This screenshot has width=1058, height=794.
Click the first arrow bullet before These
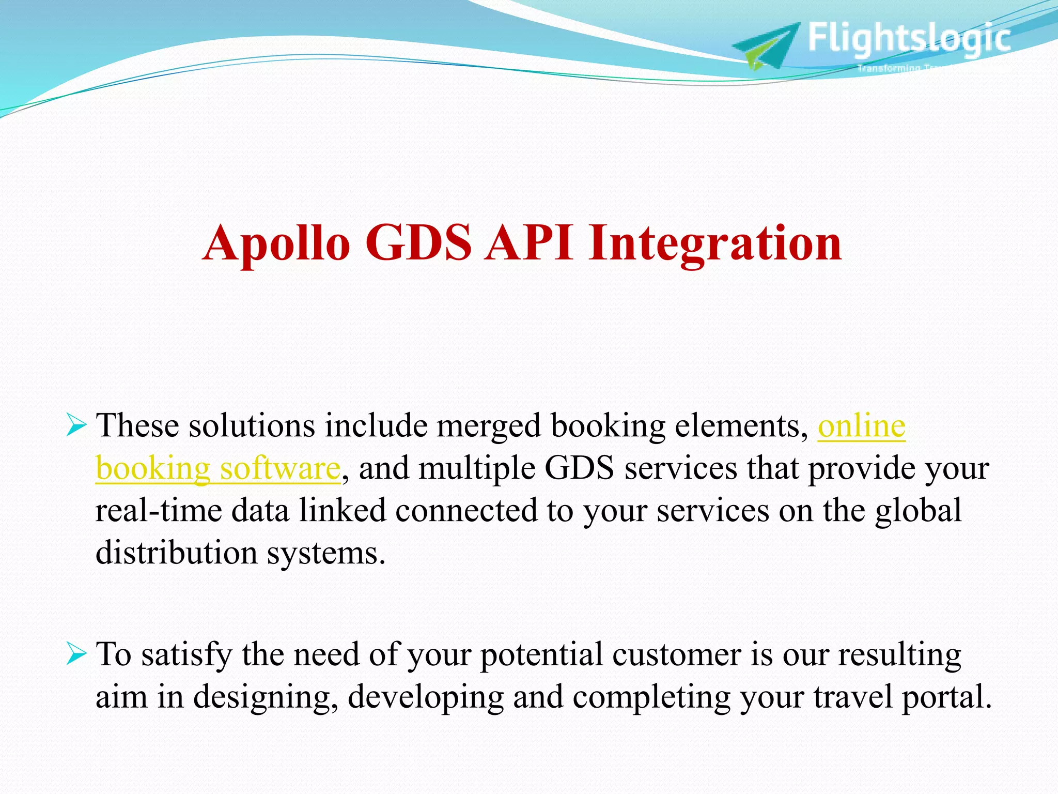pyautogui.click(x=76, y=427)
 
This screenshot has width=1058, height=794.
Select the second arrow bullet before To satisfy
pyautogui.click(x=76, y=655)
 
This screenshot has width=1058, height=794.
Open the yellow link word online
pyautogui.click(x=861, y=427)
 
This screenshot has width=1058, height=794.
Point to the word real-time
pyautogui.click(x=158, y=511)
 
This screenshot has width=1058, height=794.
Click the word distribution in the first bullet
pyautogui.click(x=176, y=553)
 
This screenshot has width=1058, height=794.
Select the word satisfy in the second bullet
pyautogui.click(x=186, y=655)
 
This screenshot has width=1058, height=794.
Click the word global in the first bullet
pyautogui.click(x=918, y=511)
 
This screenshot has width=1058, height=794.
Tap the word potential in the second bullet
pyautogui.click(x=541, y=655)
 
